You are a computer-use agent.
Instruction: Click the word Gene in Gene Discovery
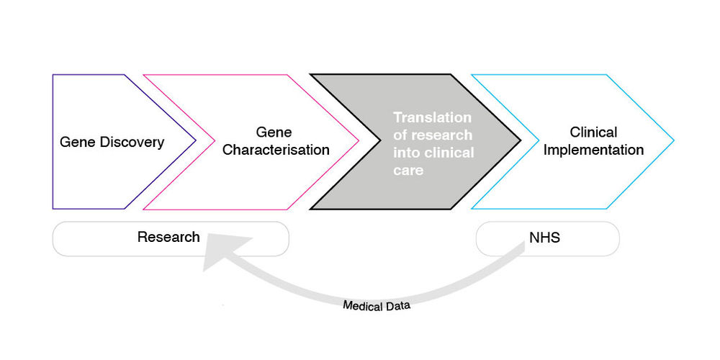[74, 142]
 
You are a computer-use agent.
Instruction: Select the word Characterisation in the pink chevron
[276, 150]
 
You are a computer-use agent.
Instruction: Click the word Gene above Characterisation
[274, 132]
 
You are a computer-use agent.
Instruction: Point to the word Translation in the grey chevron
[432, 117]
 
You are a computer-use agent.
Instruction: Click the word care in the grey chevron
[408, 171]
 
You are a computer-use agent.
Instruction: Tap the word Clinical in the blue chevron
[593, 132]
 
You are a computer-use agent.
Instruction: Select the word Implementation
[593, 150]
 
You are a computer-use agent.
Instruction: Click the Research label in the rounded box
[168, 237]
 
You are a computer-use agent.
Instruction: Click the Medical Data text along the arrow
[377, 305]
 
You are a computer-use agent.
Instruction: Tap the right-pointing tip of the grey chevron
[520, 141]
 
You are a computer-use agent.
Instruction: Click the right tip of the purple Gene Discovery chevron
[196, 141]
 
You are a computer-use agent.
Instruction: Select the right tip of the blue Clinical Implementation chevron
[673, 141]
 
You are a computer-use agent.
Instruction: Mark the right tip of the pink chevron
[359, 141]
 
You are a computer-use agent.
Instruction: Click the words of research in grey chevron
[433, 135]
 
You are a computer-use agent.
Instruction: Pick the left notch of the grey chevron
[380, 141]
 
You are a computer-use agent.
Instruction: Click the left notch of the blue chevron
[539, 141]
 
